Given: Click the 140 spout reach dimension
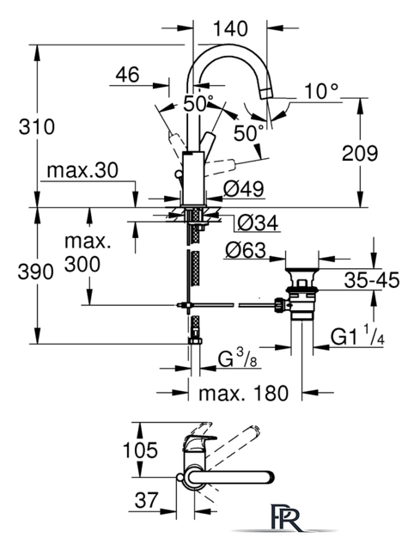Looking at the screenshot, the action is click(x=230, y=28).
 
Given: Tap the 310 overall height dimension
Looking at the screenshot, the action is click(x=37, y=126).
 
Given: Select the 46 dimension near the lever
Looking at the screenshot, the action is click(x=128, y=75).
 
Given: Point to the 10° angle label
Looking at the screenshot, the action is click(x=321, y=91).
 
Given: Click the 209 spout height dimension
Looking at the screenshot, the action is click(x=360, y=153).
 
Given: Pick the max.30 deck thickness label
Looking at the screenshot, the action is click(x=82, y=170).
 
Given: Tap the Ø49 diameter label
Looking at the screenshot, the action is click(x=244, y=189).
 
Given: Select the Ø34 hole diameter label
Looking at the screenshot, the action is click(x=258, y=223).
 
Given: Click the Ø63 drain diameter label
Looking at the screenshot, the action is click(x=246, y=250).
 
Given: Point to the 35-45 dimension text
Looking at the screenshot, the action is click(x=372, y=280).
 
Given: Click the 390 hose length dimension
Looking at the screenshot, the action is click(x=36, y=272).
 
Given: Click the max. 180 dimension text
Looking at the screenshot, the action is click(x=243, y=394).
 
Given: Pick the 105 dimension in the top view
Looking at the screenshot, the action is click(x=140, y=450).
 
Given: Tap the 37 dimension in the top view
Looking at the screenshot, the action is click(x=147, y=499).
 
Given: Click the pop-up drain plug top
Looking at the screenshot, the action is click(x=301, y=271).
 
